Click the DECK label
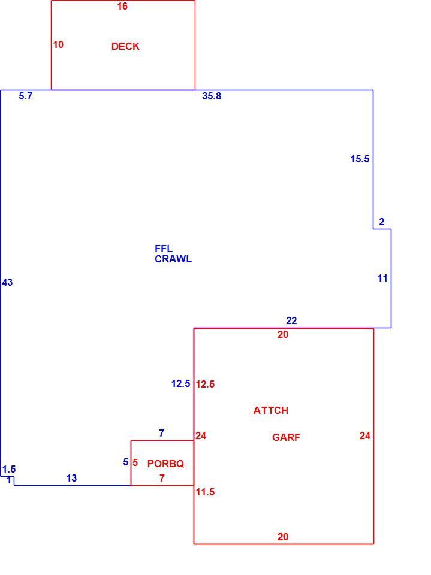pyautogui.click(x=125, y=46)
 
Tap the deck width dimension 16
pyautogui.click(x=122, y=6)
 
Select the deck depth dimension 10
pyautogui.click(x=58, y=44)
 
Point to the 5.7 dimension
pyautogui.click(x=26, y=96)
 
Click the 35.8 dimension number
pyautogui.click(x=212, y=96)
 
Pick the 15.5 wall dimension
pyautogui.click(x=360, y=159)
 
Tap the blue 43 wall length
pyautogui.click(x=7, y=282)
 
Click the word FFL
pyautogui.click(x=164, y=249)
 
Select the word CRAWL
pyautogui.click(x=173, y=259)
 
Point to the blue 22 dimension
pyautogui.click(x=291, y=320)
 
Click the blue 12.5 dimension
pyautogui.click(x=180, y=383)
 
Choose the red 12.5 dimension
pyautogui.click(x=205, y=384)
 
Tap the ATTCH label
pyautogui.click(x=271, y=410)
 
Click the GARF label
pyautogui.click(x=286, y=437)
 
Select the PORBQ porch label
pyautogui.click(x=165, y=464)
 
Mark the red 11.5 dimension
pyautogui.click(x=205, y=492)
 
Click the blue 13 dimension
pyautogui.click(x=71, y=478)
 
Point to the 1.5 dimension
pyautogui.click(x=9, y=470)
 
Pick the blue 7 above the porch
pyautogui.click(x=161, y=433)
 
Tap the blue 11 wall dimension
pyautogui.click(x=382, y=279)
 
